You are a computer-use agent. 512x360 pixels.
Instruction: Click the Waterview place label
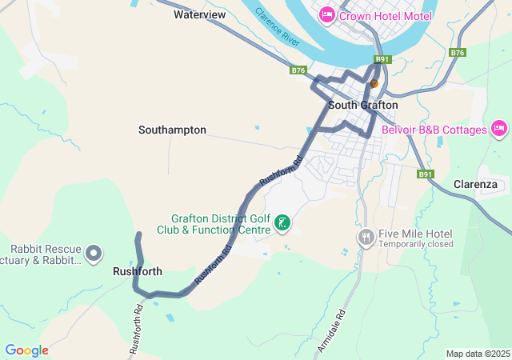(x=199, y=14)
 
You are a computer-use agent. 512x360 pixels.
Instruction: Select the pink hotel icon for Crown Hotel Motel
(x=326, y=15)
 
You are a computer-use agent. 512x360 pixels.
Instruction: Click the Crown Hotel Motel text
(x=386, y=16)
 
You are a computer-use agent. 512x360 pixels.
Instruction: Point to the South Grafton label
(x=362, y=105)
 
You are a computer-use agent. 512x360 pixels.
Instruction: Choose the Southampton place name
(x=172, y=130)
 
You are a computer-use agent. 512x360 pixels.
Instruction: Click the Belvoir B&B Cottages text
(x=434, y=130)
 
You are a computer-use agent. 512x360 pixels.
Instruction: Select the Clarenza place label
(x=475, y=184)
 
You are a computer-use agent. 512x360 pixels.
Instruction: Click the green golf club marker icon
(x=282, y=223)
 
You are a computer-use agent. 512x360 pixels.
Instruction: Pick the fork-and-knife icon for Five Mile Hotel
(x=366, y=238)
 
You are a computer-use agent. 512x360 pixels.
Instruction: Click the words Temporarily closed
(x=416, y=244)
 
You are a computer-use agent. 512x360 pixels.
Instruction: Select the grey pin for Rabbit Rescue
(x=94, y=254)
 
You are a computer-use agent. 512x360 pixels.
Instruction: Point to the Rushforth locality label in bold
(x=137, y=271)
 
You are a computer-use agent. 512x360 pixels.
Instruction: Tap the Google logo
(x=26, y=350)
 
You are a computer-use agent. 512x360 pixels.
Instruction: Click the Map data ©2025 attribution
(x=477, y=354)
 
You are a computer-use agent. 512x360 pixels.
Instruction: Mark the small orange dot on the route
(x=373, y=83)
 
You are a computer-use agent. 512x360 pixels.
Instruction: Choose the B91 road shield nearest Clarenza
(x=425, y=174)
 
